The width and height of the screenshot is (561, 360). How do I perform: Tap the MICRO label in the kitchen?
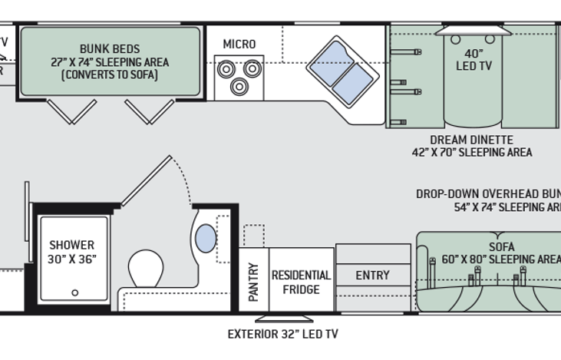(x=239, y=44)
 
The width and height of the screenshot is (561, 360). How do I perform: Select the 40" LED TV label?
(x=474, y=59)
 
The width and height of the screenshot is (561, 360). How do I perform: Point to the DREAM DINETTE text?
(x=470, y=139)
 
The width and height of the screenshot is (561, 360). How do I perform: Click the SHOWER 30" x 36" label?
(x=72, y=252)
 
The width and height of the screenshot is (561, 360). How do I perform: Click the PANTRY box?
(x=253, y=280)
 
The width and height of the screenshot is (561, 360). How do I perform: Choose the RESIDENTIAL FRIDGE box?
(x=301, y=281)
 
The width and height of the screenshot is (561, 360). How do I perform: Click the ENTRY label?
(x=372, y=275)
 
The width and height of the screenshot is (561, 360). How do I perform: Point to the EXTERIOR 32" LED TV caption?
(x=283, y=334)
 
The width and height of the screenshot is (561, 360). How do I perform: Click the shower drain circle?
(x=74, y=292)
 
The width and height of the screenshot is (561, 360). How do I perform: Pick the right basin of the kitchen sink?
(x=353, y=82)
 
